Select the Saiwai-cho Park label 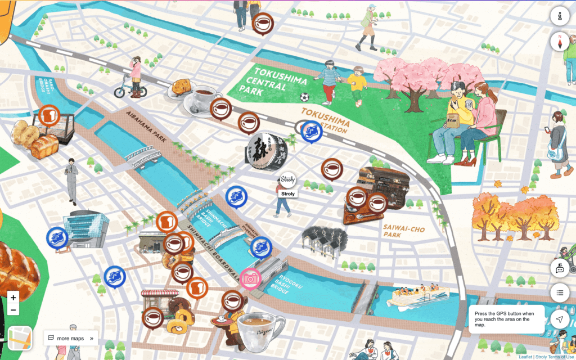pos(404,231)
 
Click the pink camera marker pos(250,278)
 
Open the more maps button pos(70,338)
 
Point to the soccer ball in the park pos(305,97)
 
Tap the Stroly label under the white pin pos(287,194)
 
